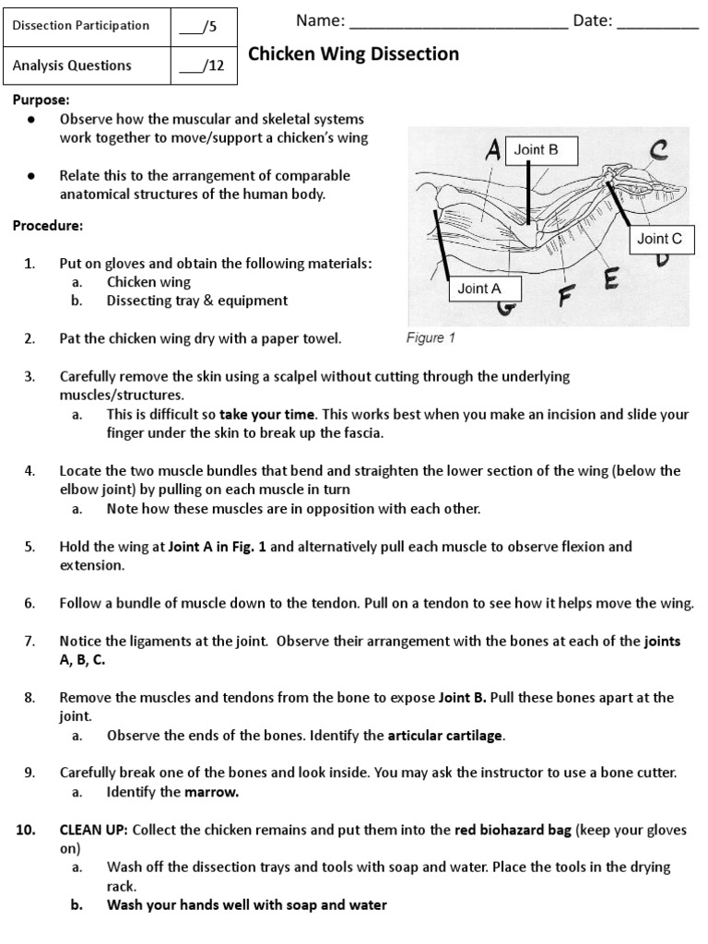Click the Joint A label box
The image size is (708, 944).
coord(479,289)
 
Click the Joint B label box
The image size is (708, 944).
coord(536,149)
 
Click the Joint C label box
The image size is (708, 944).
coord(660,239)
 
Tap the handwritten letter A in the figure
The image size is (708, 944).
coord(491,150)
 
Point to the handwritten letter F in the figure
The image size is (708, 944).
coord(566,297)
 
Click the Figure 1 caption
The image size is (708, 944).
coord(431,338)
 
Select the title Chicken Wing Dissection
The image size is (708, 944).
coord(355,54)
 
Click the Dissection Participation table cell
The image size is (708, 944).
coord(81,26)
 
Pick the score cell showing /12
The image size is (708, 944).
coord(203,65)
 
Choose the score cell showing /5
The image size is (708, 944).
coord(203,26)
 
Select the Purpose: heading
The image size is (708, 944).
coord(41,100)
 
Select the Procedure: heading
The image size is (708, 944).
coord(47,226)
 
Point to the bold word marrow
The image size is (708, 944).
coord(212,792)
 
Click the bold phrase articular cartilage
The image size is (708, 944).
coord(446,736)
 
